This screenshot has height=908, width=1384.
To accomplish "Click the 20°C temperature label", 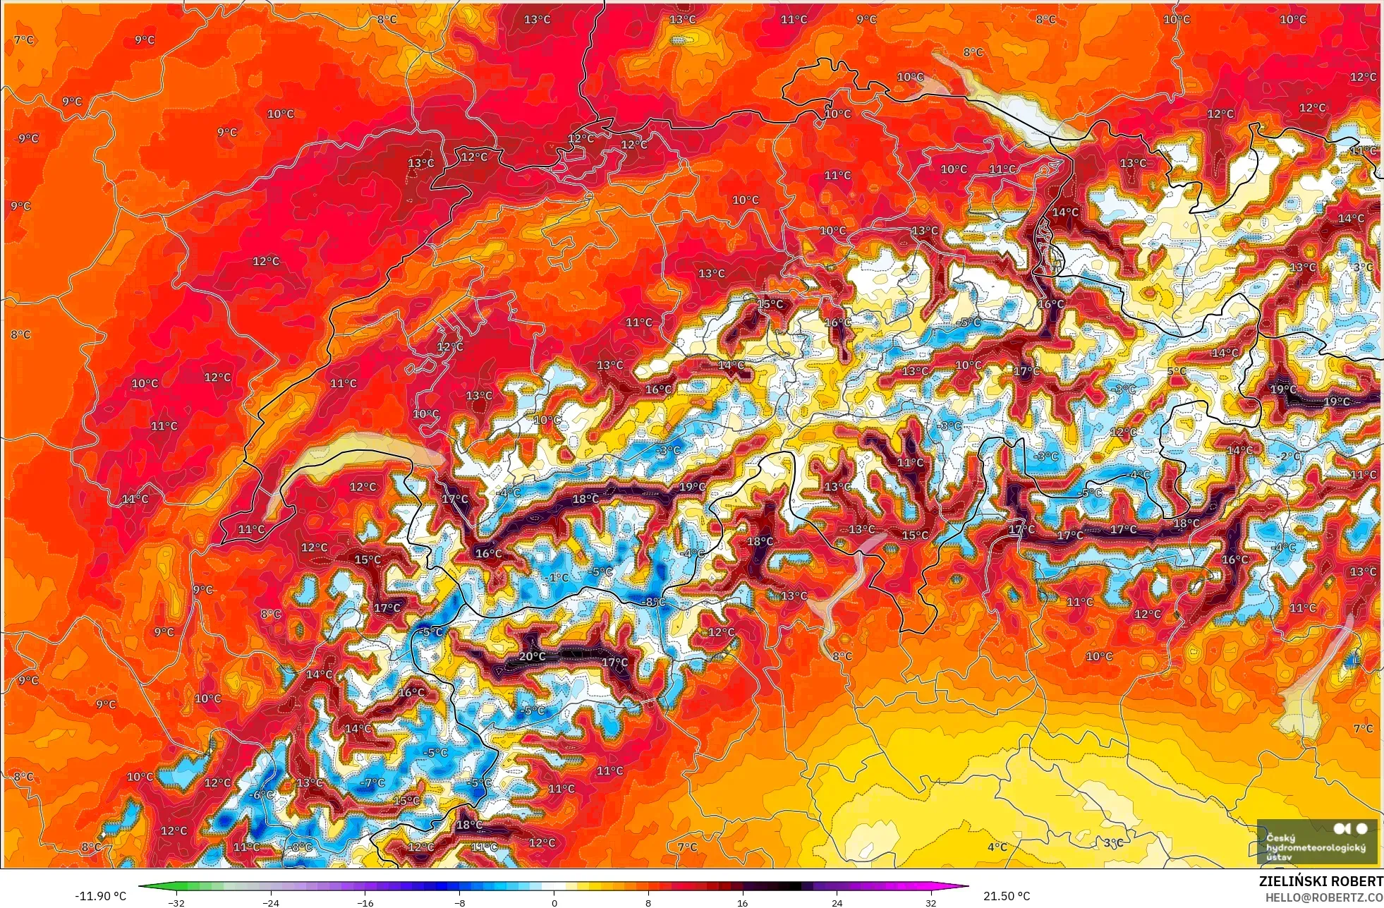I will [x=532, y=656].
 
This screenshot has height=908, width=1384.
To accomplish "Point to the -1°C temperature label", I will [x=557, y=577].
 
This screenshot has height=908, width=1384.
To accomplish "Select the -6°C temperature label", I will [x=262, y=794].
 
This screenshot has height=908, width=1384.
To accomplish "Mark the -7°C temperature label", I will [x=372, y=782].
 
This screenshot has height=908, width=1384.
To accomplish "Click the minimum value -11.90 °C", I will [x=100, y=896].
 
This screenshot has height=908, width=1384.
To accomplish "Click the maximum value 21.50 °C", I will [x=1007, y=896].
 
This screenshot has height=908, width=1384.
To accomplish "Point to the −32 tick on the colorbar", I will [x=176, y=902].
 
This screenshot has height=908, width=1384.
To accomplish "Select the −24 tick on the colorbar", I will [x=271, y=902].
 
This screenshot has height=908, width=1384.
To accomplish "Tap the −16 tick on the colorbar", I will [x=365, y=902].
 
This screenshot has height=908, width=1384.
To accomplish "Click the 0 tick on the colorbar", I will [x=554, y=902].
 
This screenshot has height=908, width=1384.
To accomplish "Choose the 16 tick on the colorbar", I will [x=742, y=902].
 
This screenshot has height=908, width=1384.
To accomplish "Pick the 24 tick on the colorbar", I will [x=837, y=902].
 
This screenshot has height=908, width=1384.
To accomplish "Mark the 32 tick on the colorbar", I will [x=931, y=902].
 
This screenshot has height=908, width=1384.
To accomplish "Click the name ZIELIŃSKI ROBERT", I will [x=1321, y=881].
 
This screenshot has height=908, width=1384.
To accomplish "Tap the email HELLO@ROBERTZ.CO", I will [x=1323, y=897].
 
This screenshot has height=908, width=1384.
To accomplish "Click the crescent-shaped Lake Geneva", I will [x=339, y=459].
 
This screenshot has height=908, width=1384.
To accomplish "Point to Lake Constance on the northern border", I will [x=1002, y=99].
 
